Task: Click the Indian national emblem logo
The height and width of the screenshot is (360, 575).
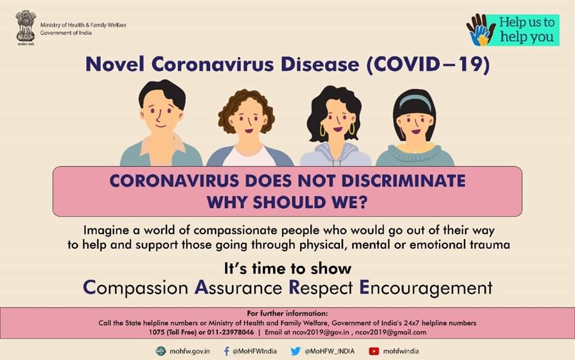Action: point(26,28)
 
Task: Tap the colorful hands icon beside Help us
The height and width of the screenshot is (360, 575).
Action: point(480,30)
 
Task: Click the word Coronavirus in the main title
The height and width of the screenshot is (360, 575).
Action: point(212,64)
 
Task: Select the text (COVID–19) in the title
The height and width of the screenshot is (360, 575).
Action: point(428,64)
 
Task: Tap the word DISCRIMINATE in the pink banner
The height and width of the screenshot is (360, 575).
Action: point(404,181)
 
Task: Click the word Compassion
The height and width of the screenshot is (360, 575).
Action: point(135,288)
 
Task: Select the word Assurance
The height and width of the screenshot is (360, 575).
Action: point(238,288)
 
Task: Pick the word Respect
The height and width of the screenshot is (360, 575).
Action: point(321,288)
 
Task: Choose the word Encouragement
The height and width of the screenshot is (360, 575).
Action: point(426,288)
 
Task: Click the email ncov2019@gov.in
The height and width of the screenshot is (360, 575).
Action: point(321,332)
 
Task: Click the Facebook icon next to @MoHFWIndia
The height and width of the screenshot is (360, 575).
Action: point(226,351)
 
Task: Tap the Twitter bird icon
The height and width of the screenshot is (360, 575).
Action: point(295,351)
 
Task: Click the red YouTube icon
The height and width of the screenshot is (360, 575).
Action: point(374,351)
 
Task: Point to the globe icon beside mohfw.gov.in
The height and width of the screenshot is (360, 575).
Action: point(161,351)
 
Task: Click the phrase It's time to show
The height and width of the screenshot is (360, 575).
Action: point(287,268)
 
